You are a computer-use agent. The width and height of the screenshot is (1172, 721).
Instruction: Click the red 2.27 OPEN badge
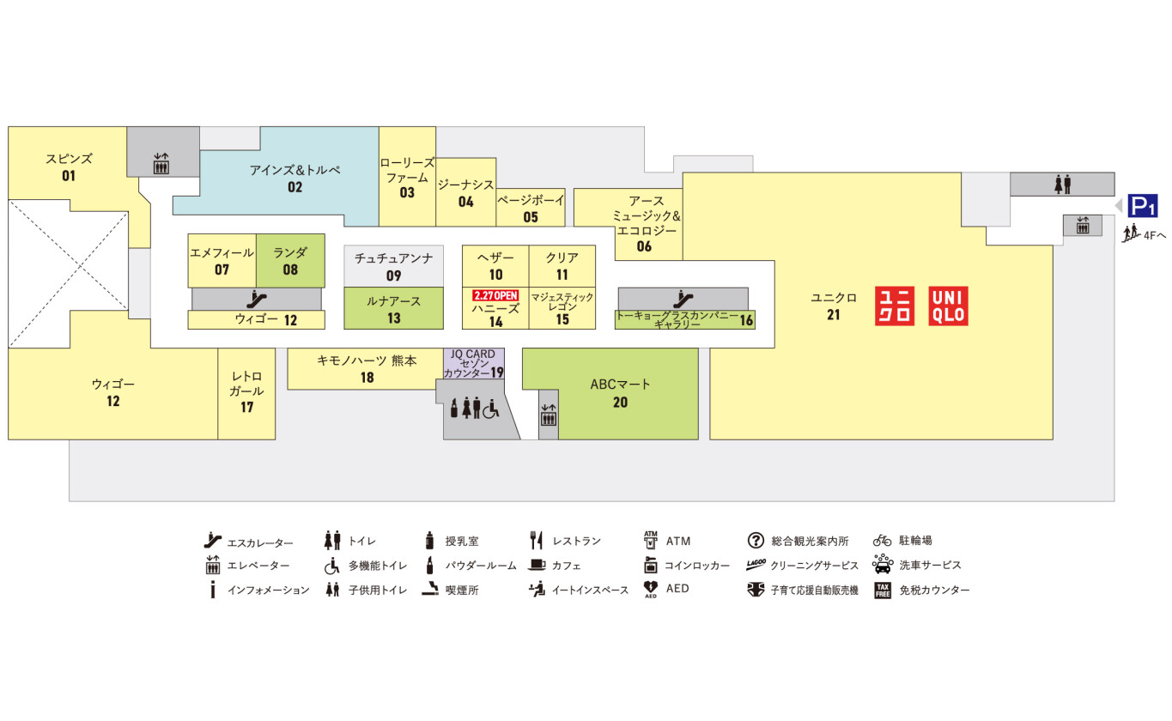(495, 295)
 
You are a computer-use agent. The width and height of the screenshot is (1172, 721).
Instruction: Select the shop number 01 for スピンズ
(69, 176)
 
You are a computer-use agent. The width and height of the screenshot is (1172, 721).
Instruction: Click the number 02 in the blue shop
(295, 186)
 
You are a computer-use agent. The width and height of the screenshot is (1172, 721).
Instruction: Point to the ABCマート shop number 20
(620, 402)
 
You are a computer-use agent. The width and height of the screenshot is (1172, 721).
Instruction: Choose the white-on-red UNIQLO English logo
(948, 306)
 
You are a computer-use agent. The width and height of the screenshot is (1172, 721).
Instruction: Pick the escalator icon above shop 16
(683, 299)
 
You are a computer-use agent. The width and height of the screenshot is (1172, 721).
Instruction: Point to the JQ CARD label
(473, 354)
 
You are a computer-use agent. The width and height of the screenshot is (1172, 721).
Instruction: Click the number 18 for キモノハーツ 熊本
(367, 378)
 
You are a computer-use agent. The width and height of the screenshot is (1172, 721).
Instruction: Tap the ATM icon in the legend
(651, 540)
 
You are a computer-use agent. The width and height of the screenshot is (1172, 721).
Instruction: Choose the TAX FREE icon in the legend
(883, 590)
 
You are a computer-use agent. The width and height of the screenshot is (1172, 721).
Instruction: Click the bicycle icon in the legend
(883, 541)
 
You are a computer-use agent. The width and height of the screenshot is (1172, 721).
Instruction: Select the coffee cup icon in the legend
(537, 565)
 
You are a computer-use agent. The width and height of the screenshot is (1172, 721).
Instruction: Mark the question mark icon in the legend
(756, 541)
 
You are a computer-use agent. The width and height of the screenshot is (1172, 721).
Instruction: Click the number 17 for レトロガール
(247, 408)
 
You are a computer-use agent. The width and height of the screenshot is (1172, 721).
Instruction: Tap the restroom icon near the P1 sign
(1063, 184)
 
